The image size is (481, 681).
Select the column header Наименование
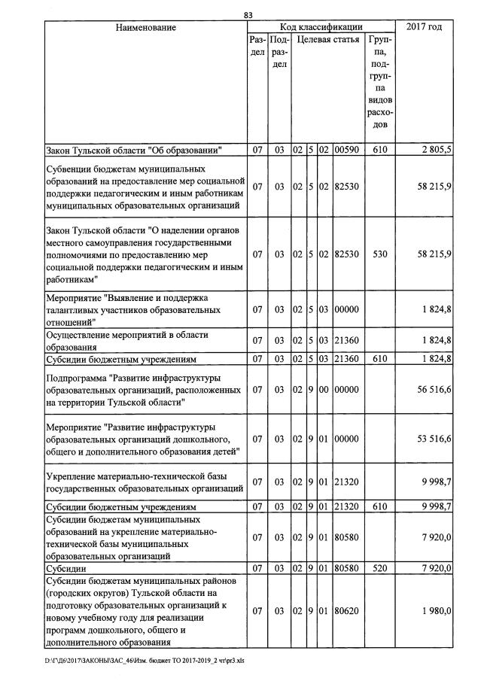pos(146,28)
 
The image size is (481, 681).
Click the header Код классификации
pos(321,28)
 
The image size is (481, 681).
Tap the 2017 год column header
pos(424,28)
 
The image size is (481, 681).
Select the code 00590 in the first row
pos(346,150)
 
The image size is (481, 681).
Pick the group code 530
pos(380,254)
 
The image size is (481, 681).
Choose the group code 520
pos(380,567)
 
